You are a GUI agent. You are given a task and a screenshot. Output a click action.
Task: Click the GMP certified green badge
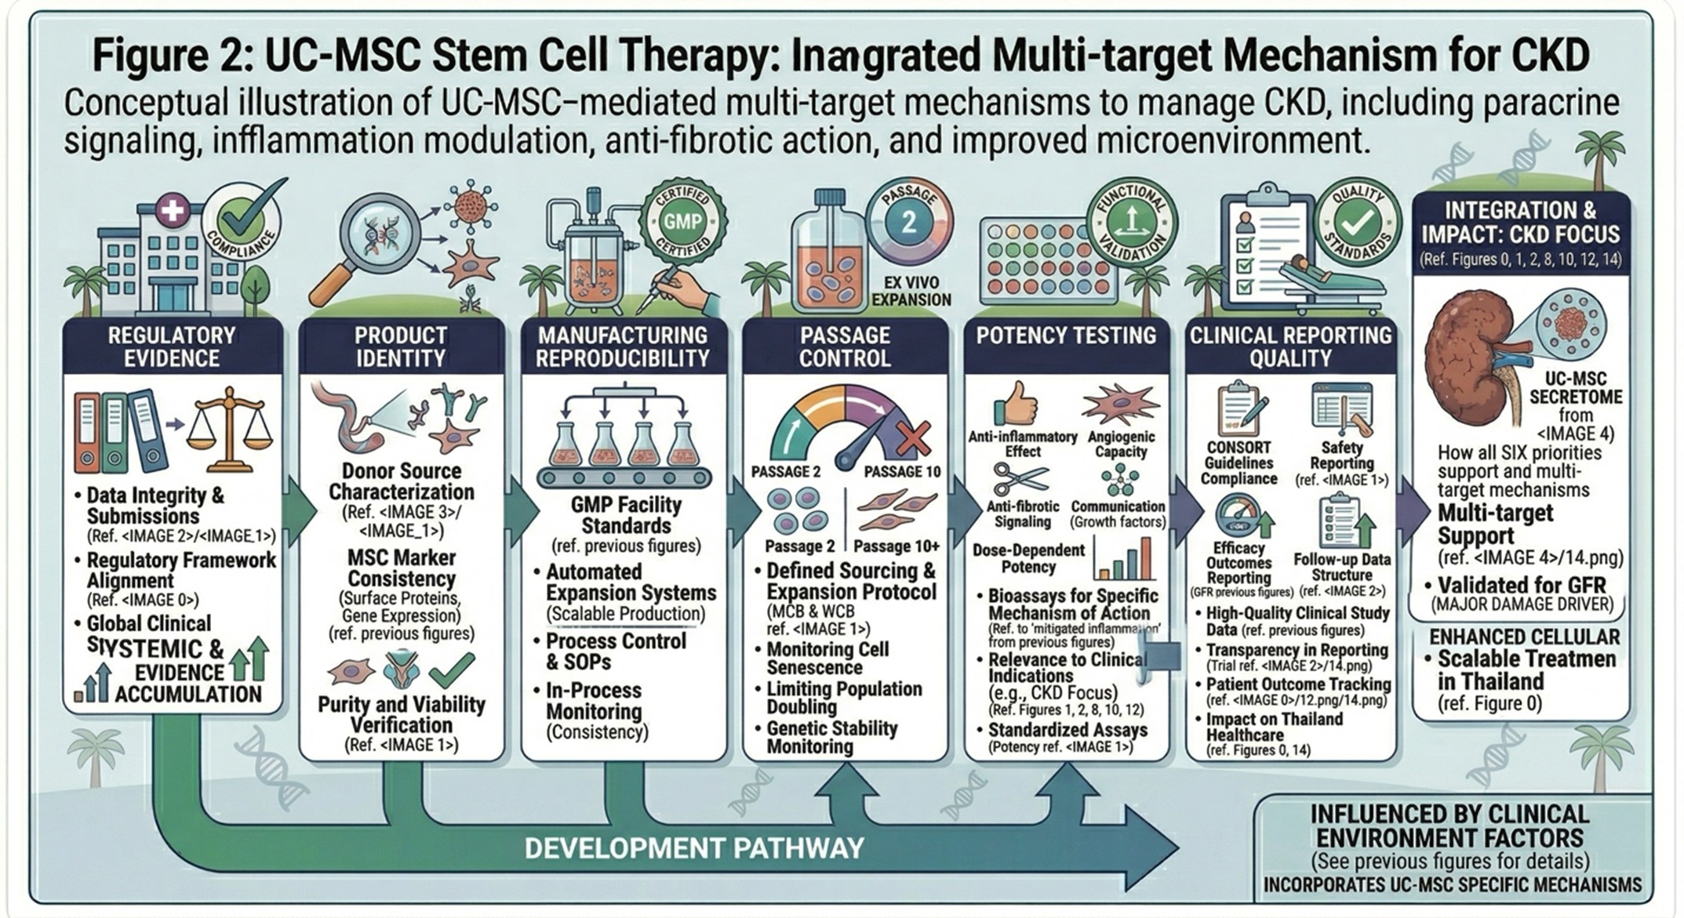coord(682,222)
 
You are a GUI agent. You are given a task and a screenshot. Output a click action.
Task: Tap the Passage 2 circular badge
coord(908,222)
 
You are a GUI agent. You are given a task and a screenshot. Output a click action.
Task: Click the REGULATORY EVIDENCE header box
coord(172,347)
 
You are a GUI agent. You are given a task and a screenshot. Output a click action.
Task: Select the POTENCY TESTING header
coord(1066,336)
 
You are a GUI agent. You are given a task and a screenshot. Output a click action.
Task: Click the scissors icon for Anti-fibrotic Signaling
coord(1019,477)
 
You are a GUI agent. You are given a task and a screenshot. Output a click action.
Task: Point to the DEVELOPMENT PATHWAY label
coord(694,847)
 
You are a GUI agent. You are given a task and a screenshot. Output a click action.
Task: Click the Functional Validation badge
coord(1129,222)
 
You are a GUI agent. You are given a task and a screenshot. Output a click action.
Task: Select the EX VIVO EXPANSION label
coord(911,291)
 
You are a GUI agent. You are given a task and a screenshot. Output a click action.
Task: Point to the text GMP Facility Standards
coord(626,515)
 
